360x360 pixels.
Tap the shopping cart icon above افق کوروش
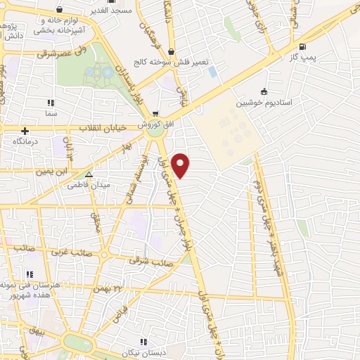155,114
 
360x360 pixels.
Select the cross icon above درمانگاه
25,131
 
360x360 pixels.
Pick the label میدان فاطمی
88,184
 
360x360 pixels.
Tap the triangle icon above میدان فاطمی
89,174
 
